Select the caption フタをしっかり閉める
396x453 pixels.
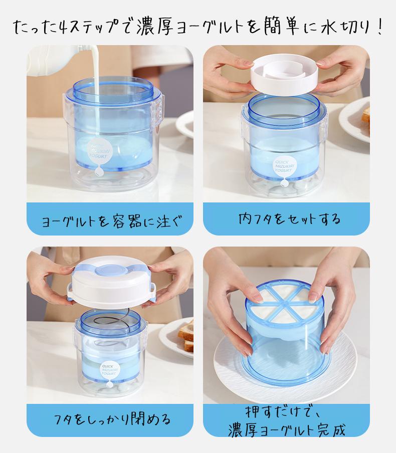click(112, 419)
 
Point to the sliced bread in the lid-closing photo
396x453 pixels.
click(185, 336)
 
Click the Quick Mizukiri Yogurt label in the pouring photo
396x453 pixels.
click(99, 151)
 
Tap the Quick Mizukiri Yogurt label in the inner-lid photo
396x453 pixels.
click(283, 167)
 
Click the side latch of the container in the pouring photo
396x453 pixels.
click(156, 111)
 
